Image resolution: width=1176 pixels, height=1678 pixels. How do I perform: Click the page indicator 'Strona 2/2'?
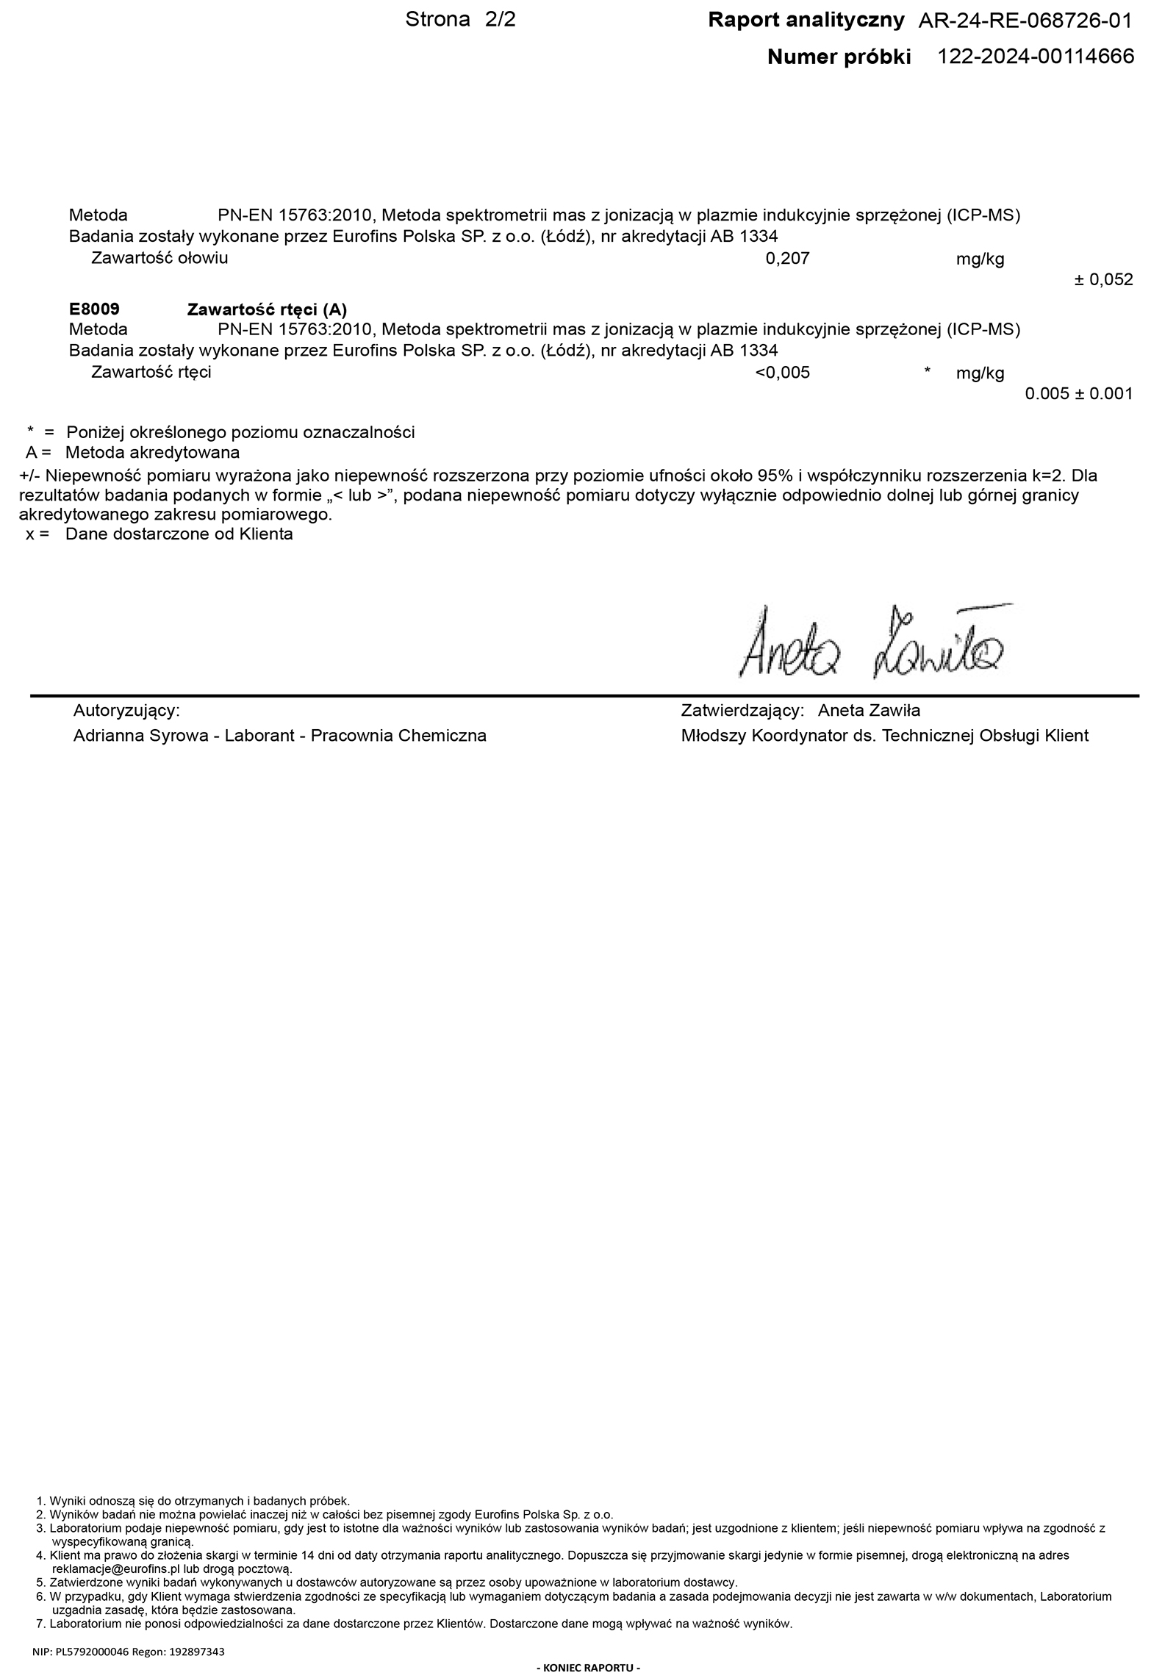click(460, 20)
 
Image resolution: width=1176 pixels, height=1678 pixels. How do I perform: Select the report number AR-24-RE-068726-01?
click(1025, 21)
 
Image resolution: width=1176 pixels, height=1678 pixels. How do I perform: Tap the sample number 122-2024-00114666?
click(1036, 57)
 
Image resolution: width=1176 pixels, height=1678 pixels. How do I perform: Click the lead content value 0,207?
click(787, 259)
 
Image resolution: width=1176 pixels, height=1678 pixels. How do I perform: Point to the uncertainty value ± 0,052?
click(1103, 280)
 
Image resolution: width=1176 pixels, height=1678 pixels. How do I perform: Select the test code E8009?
click(94, 309)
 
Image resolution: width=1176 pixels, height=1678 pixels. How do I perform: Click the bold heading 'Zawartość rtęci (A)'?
click(267, 309)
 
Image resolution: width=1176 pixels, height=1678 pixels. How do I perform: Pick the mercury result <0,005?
click(782, 373)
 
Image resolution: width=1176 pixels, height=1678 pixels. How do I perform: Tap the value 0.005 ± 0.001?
click(1078, 394)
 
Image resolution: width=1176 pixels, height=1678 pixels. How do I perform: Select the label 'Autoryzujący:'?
click(126, 711)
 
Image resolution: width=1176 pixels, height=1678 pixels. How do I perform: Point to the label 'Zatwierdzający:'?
click(743, 711)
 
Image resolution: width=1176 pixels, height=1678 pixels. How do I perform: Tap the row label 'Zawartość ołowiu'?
click(159, 258)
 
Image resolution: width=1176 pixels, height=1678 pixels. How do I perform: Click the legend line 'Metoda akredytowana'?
click(152, 452)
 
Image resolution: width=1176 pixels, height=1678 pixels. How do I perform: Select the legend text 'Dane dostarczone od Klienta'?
click(179, 534)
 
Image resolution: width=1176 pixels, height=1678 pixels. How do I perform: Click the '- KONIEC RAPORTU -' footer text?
click(588, 1668)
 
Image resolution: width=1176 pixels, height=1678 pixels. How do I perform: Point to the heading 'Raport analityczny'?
click(806, 21)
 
